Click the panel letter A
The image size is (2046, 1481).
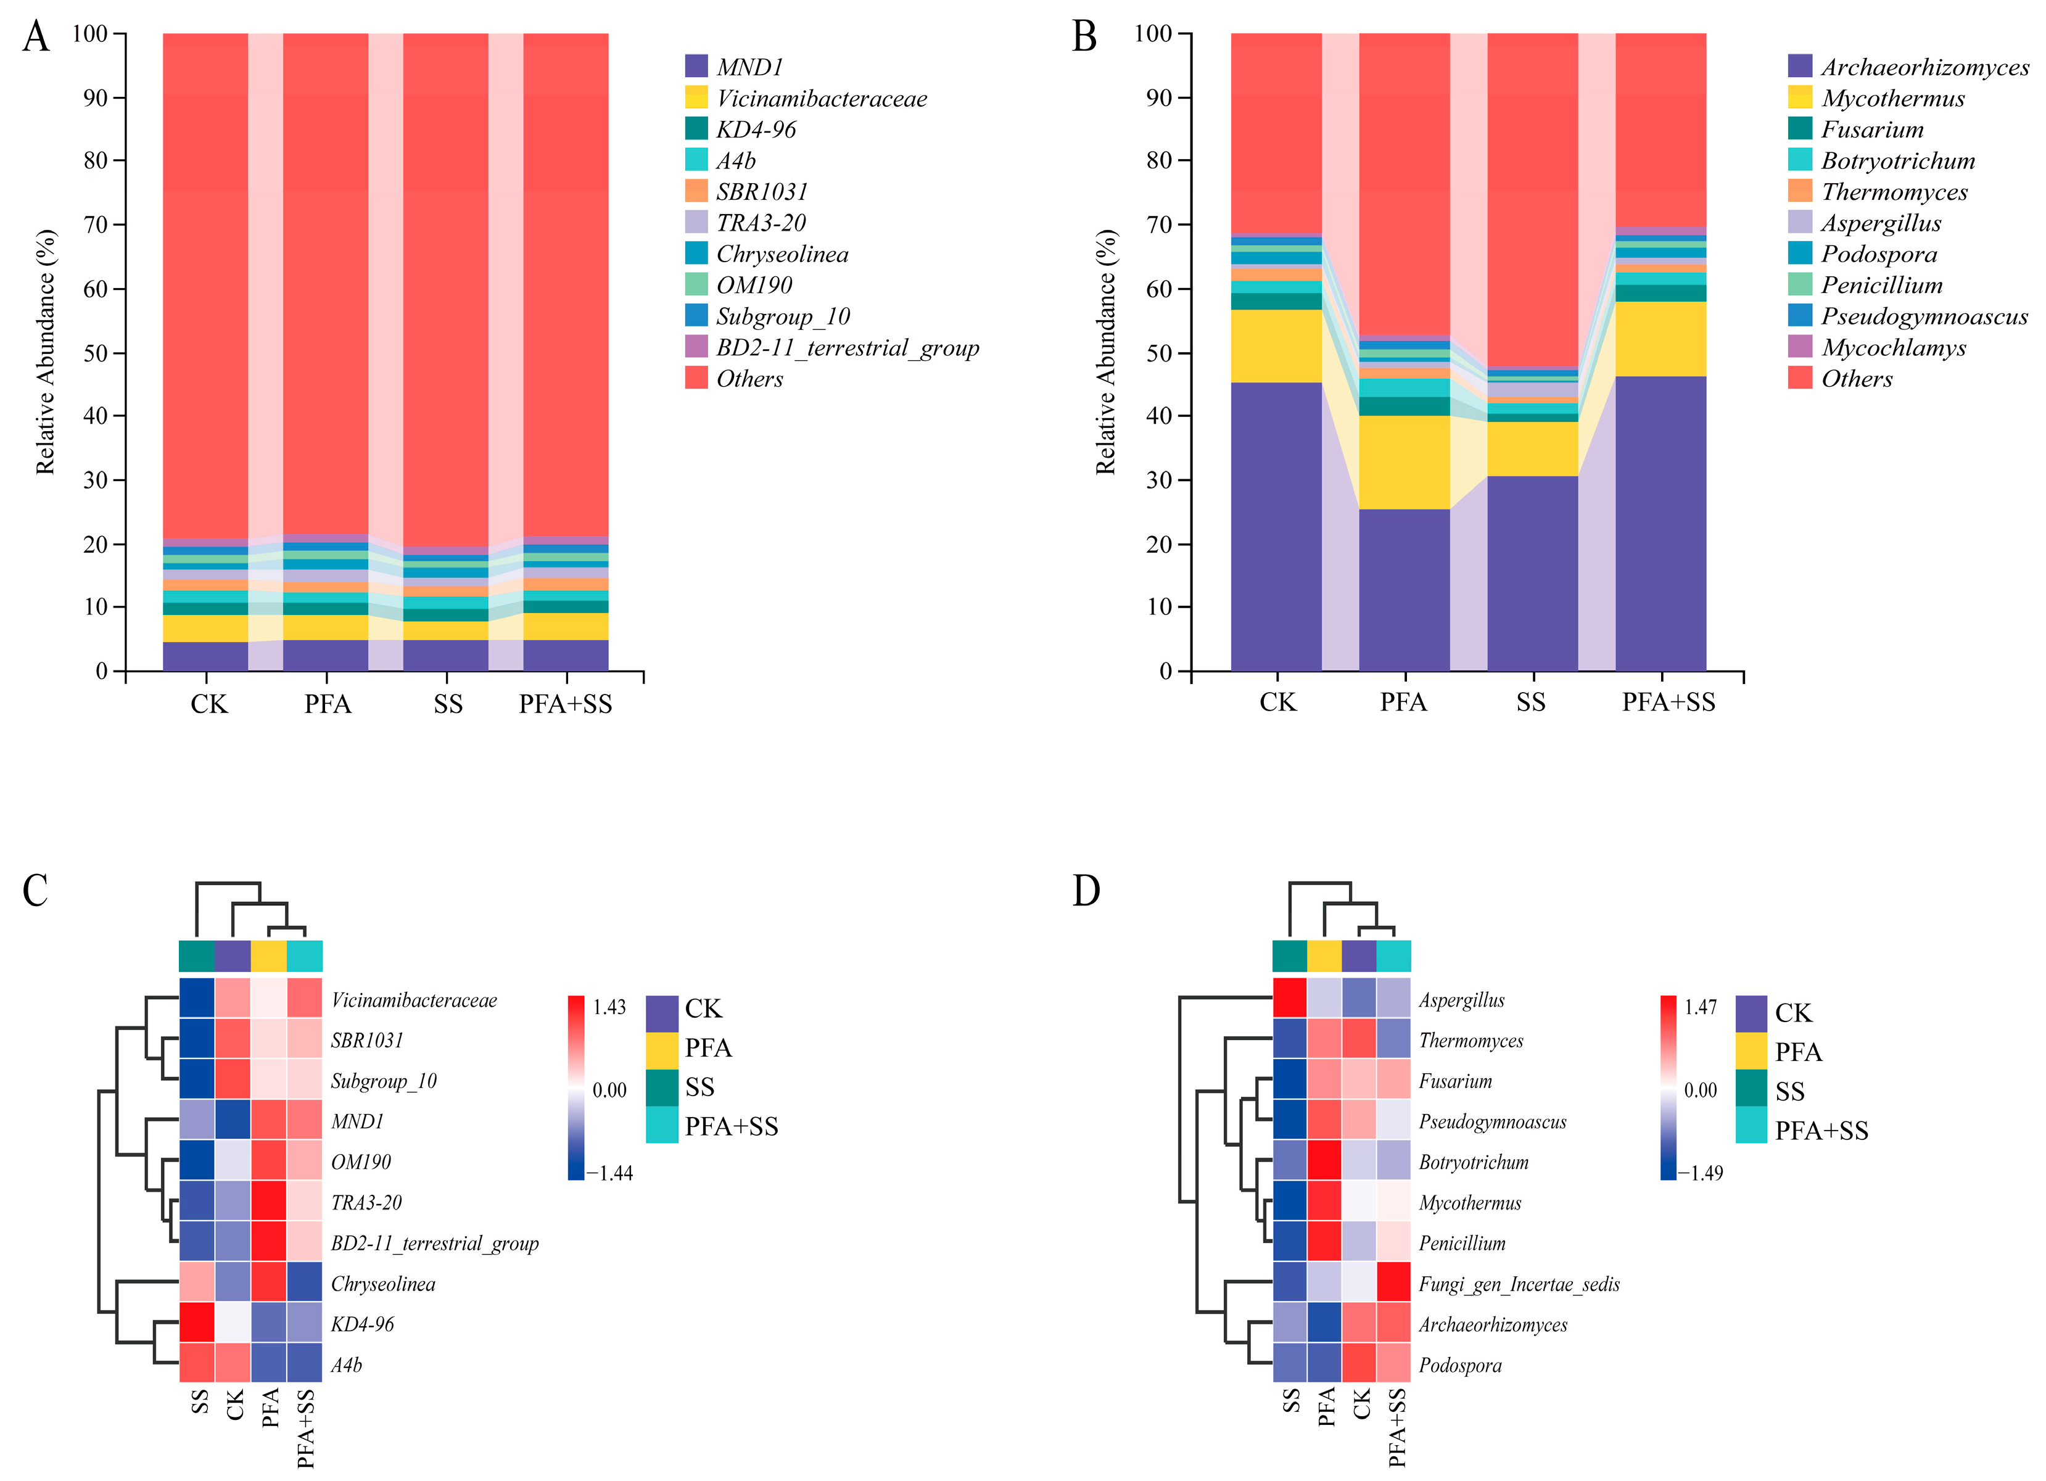[x=36, y=38]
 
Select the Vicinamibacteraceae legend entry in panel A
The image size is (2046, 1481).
[x=821, y=98]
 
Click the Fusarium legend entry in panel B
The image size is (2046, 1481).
[x=1872, y=130]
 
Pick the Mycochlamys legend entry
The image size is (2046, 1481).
[x=1892, y=348]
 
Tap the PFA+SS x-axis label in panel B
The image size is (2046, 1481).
[x=1668, y=703]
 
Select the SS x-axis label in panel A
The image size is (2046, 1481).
[x=447, y=704]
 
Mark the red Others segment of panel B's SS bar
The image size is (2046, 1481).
[x=1532, y=199]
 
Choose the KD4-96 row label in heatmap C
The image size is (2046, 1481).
[x=363, y=1324]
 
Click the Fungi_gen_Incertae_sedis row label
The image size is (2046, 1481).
[x=1518, y=1284]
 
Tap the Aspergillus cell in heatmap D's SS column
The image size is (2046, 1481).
[x=1289, y=999]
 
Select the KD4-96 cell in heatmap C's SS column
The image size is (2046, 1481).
[x=197, y=1322]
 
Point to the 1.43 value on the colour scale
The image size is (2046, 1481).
[x=609, y=1007]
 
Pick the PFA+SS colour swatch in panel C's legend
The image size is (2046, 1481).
[x=661, y=1126]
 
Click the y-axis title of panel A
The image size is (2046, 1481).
[x=45, y=352]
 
